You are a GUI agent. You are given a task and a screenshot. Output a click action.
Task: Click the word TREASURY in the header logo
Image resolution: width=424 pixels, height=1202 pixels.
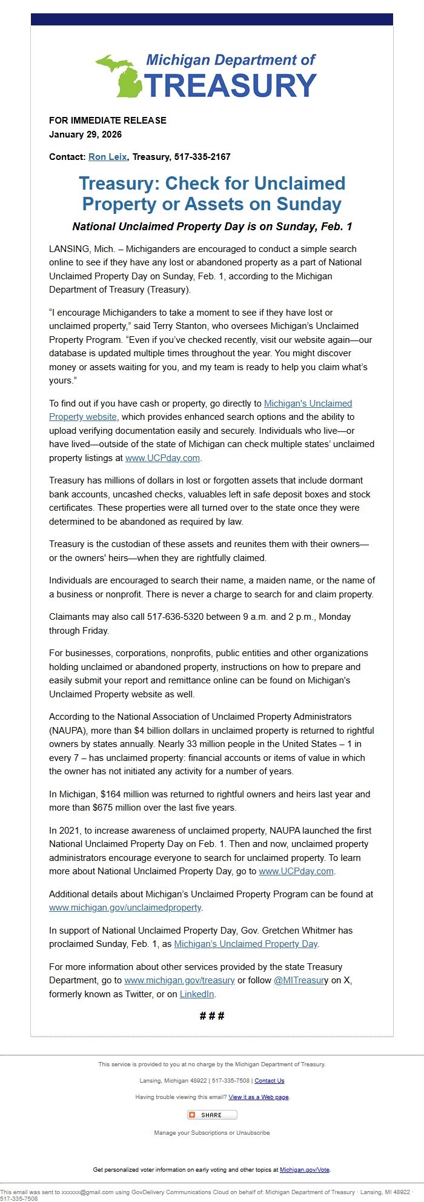click(230, 85)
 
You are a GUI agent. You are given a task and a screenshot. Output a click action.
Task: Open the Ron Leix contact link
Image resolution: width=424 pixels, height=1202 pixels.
click(107, 157)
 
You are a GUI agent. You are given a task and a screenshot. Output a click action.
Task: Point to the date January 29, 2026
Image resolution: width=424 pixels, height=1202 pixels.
click(85, 134)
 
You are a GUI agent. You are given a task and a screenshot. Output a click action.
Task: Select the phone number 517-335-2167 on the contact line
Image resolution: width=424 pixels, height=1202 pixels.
click(202, 157)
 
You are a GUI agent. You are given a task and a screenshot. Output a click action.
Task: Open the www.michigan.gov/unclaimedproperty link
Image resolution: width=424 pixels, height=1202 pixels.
click(125, 908)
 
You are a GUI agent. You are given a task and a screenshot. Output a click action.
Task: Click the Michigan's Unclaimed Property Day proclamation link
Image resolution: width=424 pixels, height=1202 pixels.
click(245, 944)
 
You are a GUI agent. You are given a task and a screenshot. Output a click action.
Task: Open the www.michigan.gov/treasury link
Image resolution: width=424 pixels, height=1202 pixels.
click(179, 980)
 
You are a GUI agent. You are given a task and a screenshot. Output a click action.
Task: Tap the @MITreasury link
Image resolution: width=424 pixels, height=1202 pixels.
click(300, 980)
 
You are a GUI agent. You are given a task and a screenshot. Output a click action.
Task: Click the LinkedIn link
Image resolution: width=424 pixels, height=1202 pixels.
click(196, 994)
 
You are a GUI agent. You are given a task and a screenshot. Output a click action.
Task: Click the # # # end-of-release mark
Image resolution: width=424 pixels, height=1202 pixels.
click(212, 1016)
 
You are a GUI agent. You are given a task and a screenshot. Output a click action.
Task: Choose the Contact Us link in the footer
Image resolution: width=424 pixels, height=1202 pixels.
click(269, 1081)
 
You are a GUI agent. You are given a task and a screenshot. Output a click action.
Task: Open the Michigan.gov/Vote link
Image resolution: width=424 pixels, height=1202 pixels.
click(305, 1170)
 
